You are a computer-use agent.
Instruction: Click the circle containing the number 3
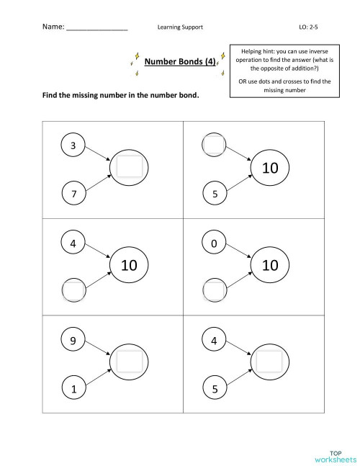coord(73,145)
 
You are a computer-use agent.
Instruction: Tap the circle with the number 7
coord(73,193)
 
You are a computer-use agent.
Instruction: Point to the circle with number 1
coord(73,389)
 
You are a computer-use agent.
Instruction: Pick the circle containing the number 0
coord(214,245)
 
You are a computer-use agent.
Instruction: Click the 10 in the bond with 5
coord(270,169)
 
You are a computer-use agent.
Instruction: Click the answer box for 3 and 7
coord(129,167)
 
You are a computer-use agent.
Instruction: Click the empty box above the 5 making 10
coord(214,145)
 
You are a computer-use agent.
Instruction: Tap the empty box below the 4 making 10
coord(73,291)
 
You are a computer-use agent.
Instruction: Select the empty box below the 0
coord(214,291)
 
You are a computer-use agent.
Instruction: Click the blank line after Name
coord(97,28)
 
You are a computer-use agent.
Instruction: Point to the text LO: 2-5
coord(308,27)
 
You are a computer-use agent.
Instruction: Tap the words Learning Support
coord(180,27)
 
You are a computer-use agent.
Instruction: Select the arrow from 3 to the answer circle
coord(98,154)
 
